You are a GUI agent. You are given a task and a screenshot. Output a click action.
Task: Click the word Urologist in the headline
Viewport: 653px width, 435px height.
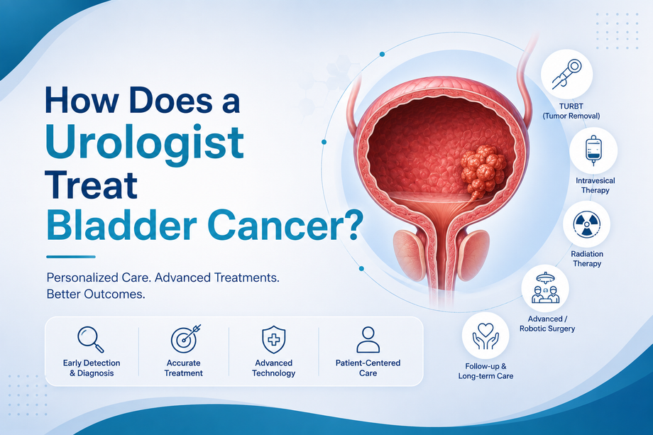click(145, 143)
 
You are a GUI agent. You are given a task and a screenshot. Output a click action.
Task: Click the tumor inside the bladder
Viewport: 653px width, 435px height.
click(483, 172)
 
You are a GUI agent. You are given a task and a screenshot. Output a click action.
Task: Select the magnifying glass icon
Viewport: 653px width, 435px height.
click(91, 339)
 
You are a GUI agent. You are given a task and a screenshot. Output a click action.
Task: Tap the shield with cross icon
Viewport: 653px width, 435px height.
click(273, 339)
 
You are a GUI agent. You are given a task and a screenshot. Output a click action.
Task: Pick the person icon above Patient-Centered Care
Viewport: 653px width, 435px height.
click(368, 340)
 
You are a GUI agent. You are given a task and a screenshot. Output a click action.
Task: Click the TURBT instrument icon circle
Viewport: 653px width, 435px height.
click(566, 74)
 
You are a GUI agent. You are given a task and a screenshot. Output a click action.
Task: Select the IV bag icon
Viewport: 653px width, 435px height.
click(593, 150)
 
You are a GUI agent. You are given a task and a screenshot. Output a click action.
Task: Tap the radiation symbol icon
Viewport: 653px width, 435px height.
click(587, 224)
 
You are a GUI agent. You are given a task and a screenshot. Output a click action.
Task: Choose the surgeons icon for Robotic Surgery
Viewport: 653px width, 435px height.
click(545, 288)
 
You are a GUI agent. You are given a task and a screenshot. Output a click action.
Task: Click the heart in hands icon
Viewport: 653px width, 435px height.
click(485, 336)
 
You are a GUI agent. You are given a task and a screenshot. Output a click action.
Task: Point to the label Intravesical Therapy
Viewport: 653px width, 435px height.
click(595, 185)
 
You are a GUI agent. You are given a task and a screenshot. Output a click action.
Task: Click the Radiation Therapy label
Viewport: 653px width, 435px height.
click(587, 258)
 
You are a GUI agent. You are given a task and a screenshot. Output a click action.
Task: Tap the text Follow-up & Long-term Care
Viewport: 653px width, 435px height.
click(485, 371)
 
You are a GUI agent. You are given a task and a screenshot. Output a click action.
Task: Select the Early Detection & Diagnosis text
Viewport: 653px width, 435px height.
click(92, 368)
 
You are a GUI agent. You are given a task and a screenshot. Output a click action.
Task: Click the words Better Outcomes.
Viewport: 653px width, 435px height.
click(96, 294)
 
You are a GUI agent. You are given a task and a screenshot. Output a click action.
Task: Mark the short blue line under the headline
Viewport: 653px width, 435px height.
click(71, 257)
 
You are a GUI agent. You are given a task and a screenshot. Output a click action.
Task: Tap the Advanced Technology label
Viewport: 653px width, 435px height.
click(273, 368)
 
